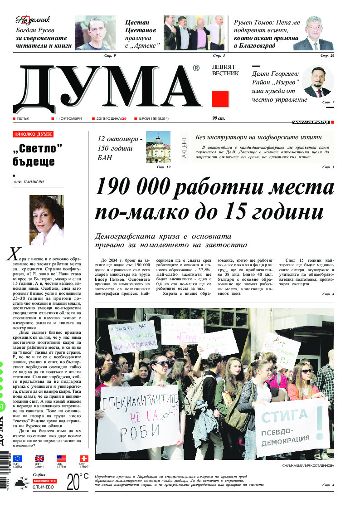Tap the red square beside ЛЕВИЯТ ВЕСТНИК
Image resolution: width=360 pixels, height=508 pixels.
click(x=220, y=99)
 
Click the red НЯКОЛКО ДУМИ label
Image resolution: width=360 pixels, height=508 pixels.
click(x=34, y=134)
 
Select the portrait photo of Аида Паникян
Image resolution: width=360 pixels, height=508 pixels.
click(x=46, y=220)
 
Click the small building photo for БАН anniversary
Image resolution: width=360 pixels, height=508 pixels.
click(x=158, y=147)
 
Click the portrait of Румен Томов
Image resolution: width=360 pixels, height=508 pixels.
click(x=313, y=34)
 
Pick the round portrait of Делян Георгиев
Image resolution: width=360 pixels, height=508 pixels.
click(x=317, y=81)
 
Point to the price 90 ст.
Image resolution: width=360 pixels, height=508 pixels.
click(x=219, y=118)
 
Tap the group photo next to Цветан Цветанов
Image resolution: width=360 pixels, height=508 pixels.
click(x=194, y=33)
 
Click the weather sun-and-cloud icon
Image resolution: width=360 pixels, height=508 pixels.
click(x=20, y=484)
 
